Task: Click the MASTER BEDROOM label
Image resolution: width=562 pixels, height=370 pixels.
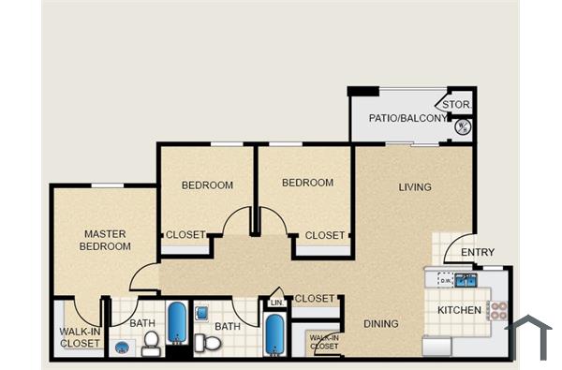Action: coord(106,240)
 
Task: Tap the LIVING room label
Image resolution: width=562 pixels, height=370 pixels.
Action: coord(415,187)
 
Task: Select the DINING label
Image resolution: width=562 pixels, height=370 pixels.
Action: coord(381,324)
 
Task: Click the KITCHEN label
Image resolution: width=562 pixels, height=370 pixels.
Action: coord(460,310)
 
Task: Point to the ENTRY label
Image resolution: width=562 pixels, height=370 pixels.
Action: coord(478,252)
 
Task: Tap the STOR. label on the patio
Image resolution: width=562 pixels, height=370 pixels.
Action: coord(456,104)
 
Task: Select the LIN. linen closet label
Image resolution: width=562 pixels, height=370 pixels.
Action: coord(276,303)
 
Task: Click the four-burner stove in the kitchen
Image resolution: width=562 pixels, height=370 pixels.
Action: coord(496,310)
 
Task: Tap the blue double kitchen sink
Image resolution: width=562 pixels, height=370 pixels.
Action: coord(466,280)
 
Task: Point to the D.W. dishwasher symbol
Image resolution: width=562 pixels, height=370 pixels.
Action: coord(445,280)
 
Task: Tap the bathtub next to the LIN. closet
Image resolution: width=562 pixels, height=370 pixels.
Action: coord(274,334)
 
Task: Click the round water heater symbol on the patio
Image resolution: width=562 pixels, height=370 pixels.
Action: coord(463,126)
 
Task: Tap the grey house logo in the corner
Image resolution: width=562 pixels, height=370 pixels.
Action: coord(528,335)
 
